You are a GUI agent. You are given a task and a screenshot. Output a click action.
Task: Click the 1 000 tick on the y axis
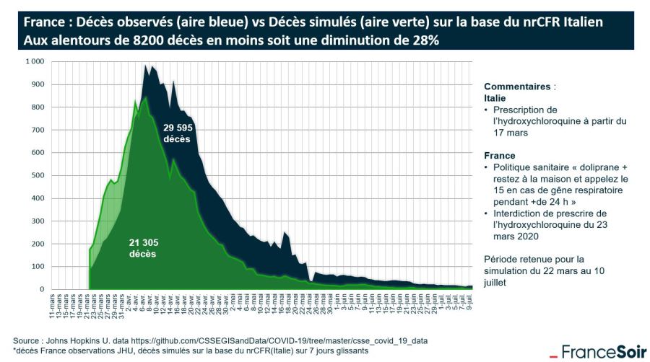35,61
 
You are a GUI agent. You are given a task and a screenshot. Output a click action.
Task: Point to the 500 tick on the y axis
37,175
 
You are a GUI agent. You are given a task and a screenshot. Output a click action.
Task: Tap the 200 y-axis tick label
37,244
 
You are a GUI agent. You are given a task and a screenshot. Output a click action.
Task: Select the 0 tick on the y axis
42,289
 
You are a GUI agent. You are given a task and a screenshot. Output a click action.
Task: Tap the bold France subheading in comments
499,155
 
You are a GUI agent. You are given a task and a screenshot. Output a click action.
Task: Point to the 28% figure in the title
421,41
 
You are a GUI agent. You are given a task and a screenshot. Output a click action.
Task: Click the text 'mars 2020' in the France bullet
517,235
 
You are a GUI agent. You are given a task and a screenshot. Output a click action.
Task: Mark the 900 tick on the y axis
37,84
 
